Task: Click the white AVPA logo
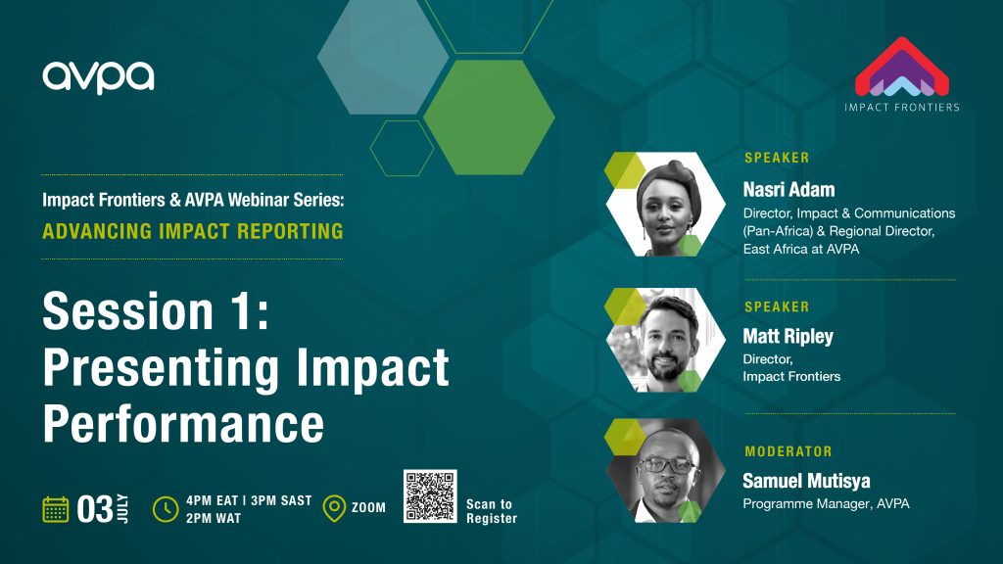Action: click(99, 77)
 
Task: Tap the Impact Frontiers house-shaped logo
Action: click(902, 67)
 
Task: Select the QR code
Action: click(430, 496)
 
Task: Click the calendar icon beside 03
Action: click(56, 509)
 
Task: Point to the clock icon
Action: click(166, 509)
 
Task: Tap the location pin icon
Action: click(334, 508)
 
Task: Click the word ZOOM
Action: click(368, 508)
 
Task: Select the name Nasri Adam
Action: click(788, 189)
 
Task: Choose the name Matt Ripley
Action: click(788, 337)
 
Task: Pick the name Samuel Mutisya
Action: click(806, 481)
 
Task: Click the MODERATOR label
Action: click(788, 451)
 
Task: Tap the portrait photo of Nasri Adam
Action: click(665, 205)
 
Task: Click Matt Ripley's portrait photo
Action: click(665, 340)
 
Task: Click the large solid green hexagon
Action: click(490, 117)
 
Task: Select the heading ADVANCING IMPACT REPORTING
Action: click(193, 231)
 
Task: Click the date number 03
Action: click(95, 509)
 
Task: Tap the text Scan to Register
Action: click(492, 511)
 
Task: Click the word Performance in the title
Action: click(183, 424)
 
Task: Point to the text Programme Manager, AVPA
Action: click(826, 504)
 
